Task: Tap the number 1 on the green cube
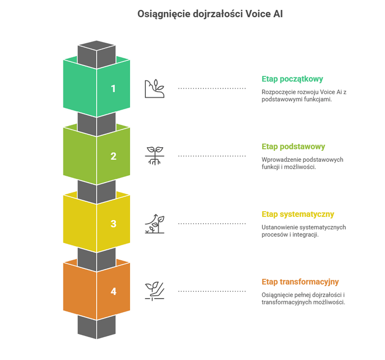(113, 88)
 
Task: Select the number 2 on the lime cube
(113, 156)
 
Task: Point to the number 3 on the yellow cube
(113, 224)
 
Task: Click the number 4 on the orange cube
(113, 291)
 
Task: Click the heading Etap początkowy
(292, 79)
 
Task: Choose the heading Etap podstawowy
(293, 147)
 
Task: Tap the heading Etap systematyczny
(298, 214)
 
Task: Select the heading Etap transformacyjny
(300, 281)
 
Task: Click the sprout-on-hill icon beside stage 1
(154, 88)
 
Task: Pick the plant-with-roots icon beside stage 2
(154, 156)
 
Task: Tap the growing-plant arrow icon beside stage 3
(154, 224)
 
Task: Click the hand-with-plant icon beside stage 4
(154, 291)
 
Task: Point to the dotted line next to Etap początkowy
(212, 88)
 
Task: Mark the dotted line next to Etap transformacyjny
(212, 291)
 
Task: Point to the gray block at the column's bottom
(97, 327)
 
